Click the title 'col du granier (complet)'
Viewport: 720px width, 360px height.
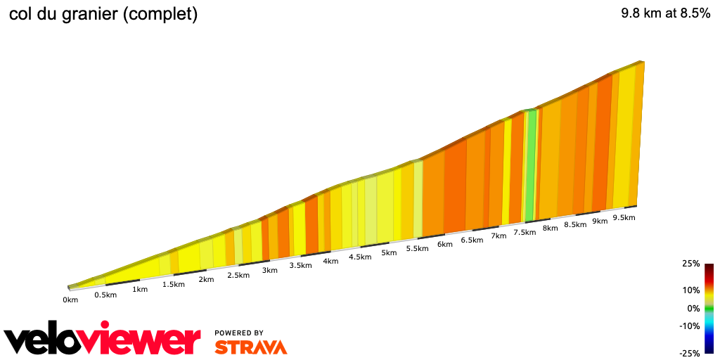click(x=103, y=14)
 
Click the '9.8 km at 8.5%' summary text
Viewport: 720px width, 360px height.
click(x=665, y=13)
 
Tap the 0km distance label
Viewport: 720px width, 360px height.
click(x=70, y=300)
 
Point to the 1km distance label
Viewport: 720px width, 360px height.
click(x=140, y=289)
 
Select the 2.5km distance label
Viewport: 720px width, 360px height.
click(x=238, y=275)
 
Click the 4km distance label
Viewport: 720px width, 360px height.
click(x=331, y=261)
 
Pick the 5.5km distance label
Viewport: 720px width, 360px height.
click(x=418, y=248)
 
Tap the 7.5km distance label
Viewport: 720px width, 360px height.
click(x=525, y=233)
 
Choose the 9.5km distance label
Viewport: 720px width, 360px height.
click(x=624, y=218)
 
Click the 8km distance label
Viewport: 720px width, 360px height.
click(x=551, y=229)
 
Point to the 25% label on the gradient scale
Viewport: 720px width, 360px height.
click(x=690, y=264)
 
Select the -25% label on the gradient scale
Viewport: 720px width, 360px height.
click(x=689, y=353)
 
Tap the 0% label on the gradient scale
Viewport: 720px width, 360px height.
click(x=693, y=308)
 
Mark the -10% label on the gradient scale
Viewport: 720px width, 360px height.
click(x=689, y=326)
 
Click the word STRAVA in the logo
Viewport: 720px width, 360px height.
click(x=250, y=347)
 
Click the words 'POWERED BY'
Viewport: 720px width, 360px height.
click(x=239, y=333)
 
